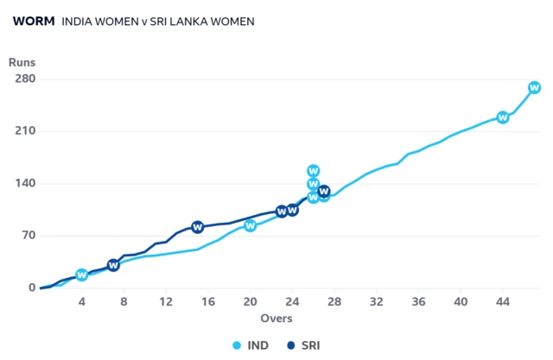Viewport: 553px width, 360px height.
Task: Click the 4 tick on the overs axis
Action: pyautogui.click(x=82, y=301)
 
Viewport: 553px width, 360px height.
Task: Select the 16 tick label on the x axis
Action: pyautogui.click(x=208, y=301)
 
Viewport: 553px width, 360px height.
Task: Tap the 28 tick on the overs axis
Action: pyautogui.click(x=334, y=301)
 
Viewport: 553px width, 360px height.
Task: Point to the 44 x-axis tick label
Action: pyautogui.click(x=503, y=301)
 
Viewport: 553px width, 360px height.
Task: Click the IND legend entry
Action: pyautogui.click(x=250, y=345)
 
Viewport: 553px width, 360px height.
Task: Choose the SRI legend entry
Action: pyautogui.click(x=303, y=345)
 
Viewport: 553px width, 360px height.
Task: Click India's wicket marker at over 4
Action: pyautogui.click(x=82, y=275)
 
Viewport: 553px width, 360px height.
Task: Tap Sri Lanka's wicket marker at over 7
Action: pyautogui.click(x=113, y=265)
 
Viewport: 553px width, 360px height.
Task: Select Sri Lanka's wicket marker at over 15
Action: pyautogui.click(x=198, y=227)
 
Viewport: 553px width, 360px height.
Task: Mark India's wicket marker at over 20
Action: pyautogui.click(x=251, y=225)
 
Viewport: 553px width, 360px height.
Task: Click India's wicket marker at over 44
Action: pyautogui.click(x=503, y=117)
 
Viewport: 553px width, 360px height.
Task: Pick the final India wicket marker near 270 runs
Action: pyautogui.click(x=535, y=87)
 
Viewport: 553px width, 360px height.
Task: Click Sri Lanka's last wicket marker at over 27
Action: pyautogui.click(x=324, y=191)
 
